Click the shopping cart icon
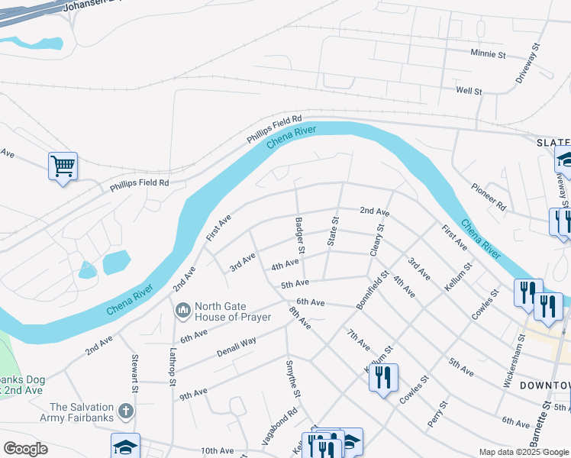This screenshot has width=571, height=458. (x=63, y=165)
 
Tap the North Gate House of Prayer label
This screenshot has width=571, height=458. (x=233, y=311)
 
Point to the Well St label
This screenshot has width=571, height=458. (x=469, y=91)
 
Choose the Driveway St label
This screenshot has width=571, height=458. (x=527, y=63)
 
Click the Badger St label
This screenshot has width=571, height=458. (x=301, y=235)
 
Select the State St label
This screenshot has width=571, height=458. (x=333, y=231)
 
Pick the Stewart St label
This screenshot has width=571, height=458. (x=134, y=371)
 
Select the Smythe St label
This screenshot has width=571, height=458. (x=292, y=379)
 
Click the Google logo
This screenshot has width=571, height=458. (x=25, y=449)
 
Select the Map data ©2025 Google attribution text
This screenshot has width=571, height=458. (x=524, y=452)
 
